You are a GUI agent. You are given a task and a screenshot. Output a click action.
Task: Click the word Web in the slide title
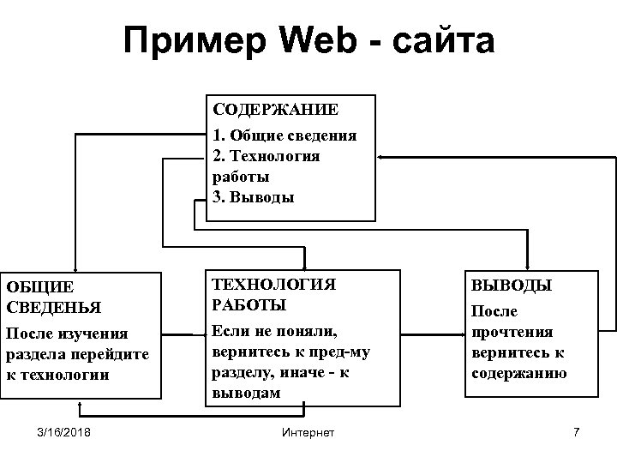(x=316, y=40)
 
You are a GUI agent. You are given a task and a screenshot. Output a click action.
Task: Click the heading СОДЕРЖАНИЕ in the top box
(x=275, y=110)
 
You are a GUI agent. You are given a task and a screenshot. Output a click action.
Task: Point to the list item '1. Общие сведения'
(x=285, y=135)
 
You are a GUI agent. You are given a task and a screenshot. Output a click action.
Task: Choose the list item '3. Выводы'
(x=253, y=197)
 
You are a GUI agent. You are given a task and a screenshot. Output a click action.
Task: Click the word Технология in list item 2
(x=274, y=156)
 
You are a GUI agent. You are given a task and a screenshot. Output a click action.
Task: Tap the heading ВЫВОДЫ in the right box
(x=512, y=285)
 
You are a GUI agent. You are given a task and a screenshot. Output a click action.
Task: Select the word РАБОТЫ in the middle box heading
(x=249, y=304)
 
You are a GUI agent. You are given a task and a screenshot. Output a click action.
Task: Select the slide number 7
(x=576, y=431)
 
